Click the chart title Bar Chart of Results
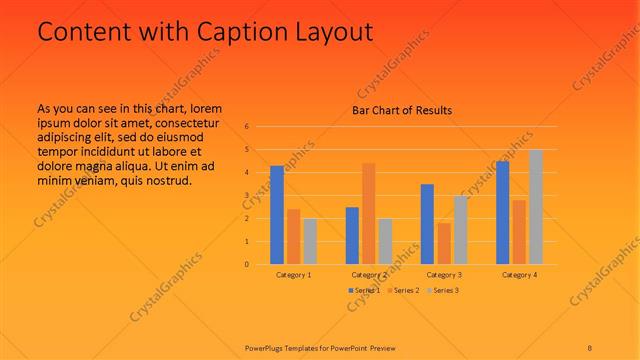point(402,110)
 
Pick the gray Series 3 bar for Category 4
point(536,207)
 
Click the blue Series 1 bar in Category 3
point(427,224)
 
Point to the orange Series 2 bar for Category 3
point(443,243)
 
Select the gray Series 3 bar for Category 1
point(310,241)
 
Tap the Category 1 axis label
point(294,274)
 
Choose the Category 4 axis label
point(519,274)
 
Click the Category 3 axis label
point(444,274)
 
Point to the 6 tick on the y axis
point(246,127)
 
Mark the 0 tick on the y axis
point(246,265)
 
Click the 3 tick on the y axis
point(246,196)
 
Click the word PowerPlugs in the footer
point(266,348)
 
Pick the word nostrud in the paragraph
point(166,180)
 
